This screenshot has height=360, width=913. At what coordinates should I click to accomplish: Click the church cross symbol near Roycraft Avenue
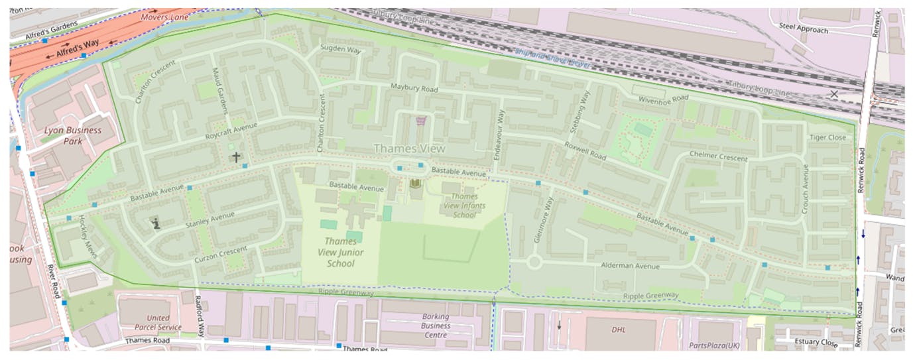pos(235,157)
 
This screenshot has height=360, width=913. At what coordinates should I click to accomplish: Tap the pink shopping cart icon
pos(420,121)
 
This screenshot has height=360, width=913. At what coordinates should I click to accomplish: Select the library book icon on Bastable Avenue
pos(416,183)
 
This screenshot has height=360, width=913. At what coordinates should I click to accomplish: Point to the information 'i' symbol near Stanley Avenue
pos(156,224)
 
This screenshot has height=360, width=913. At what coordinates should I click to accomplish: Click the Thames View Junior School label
pos(340,253)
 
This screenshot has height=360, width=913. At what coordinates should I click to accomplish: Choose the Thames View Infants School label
pos(464,206)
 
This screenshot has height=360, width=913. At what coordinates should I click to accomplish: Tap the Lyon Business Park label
pos(73,135)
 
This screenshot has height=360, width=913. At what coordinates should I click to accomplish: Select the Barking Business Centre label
pos(436,326)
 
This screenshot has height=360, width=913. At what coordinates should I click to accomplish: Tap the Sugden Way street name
pos(340,48)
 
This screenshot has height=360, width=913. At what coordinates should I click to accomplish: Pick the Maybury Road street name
pos(414,88)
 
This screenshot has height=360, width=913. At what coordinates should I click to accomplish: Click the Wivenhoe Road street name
pos(664,99)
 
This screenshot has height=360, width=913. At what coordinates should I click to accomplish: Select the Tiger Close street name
pos(827,137)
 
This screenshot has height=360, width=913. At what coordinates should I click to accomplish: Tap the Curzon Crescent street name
pos(221,253)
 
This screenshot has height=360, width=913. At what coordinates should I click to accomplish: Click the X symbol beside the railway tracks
pos(834,94)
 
